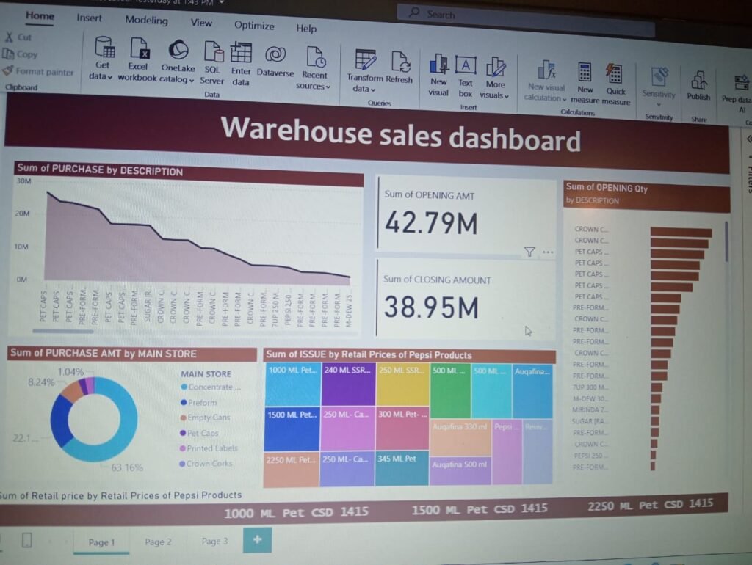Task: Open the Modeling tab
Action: pyautogui.click(x=146, y=21)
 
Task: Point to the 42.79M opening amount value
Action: pyautogui.click(x=430, y=222)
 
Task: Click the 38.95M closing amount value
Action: pyautogui.click(x=430, y=307)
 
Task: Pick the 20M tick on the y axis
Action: pyautogui.click(x=23, y=214)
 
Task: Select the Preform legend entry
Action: pyautogui.click(x=202, y=402)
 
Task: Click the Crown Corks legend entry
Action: pyautogui.click(x=209, y=464)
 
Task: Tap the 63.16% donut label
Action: pyautogui.click(x=126, y=467)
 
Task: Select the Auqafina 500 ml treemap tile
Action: pyautogui.click(x=459, y=470)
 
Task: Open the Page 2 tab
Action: pyautogui.click(x=158, y=542)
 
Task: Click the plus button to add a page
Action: pyautogui.click(x=257, y=540)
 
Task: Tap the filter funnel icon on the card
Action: pyautogui.click(x=529, y=252)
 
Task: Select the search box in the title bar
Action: pyautogui.click(x=524, y=13)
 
